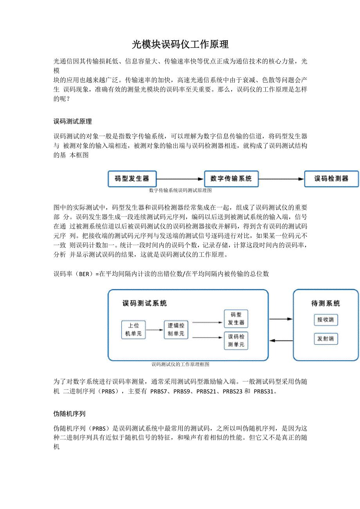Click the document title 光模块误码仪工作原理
point(180,44)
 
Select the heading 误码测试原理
point(72,122)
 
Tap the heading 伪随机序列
point(69,414)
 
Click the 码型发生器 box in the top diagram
point(132,179)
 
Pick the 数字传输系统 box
point(231,179)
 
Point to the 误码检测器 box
point(331,179)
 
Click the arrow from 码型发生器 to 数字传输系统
point(180,179)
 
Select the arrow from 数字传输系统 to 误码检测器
point(281,179)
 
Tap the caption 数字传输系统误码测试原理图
point(180,190)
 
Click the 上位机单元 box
point(133,329)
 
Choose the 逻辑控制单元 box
point(176,329)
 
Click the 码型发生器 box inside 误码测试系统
point(236,319)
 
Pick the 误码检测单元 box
point(236,341)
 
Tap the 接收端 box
point(326,320)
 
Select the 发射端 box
point(326,339)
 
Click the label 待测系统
point(326,303)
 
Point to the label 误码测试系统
point(145,303)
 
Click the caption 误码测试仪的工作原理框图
point(180,364)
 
